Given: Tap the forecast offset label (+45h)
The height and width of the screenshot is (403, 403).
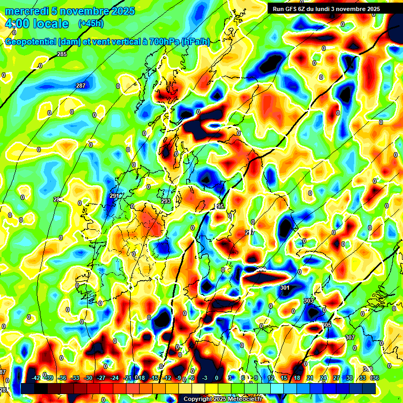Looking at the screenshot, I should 91,24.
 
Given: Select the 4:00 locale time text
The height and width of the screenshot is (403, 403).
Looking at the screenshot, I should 37,24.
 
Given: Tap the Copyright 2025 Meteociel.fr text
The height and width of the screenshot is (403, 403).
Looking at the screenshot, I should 222,399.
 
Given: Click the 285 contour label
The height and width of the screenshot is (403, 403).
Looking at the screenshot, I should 62,55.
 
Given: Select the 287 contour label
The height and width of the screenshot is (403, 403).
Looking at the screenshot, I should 81,86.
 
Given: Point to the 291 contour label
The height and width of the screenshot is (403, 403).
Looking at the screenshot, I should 114,196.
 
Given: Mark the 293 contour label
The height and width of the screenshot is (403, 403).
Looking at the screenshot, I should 166,201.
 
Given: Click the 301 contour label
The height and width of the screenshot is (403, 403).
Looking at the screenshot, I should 285,288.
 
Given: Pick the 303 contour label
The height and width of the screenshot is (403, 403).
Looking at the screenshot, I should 309,301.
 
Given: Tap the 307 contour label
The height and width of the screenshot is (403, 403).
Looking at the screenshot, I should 351,337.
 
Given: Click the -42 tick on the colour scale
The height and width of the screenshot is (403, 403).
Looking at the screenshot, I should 36,378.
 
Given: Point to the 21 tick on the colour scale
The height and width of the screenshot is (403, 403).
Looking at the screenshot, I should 310,378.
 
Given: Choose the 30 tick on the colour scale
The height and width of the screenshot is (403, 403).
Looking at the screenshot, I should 348,378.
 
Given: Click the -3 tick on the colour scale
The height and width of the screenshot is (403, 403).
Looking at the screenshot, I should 205,378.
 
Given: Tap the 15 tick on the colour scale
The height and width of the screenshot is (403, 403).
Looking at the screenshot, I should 284,378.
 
